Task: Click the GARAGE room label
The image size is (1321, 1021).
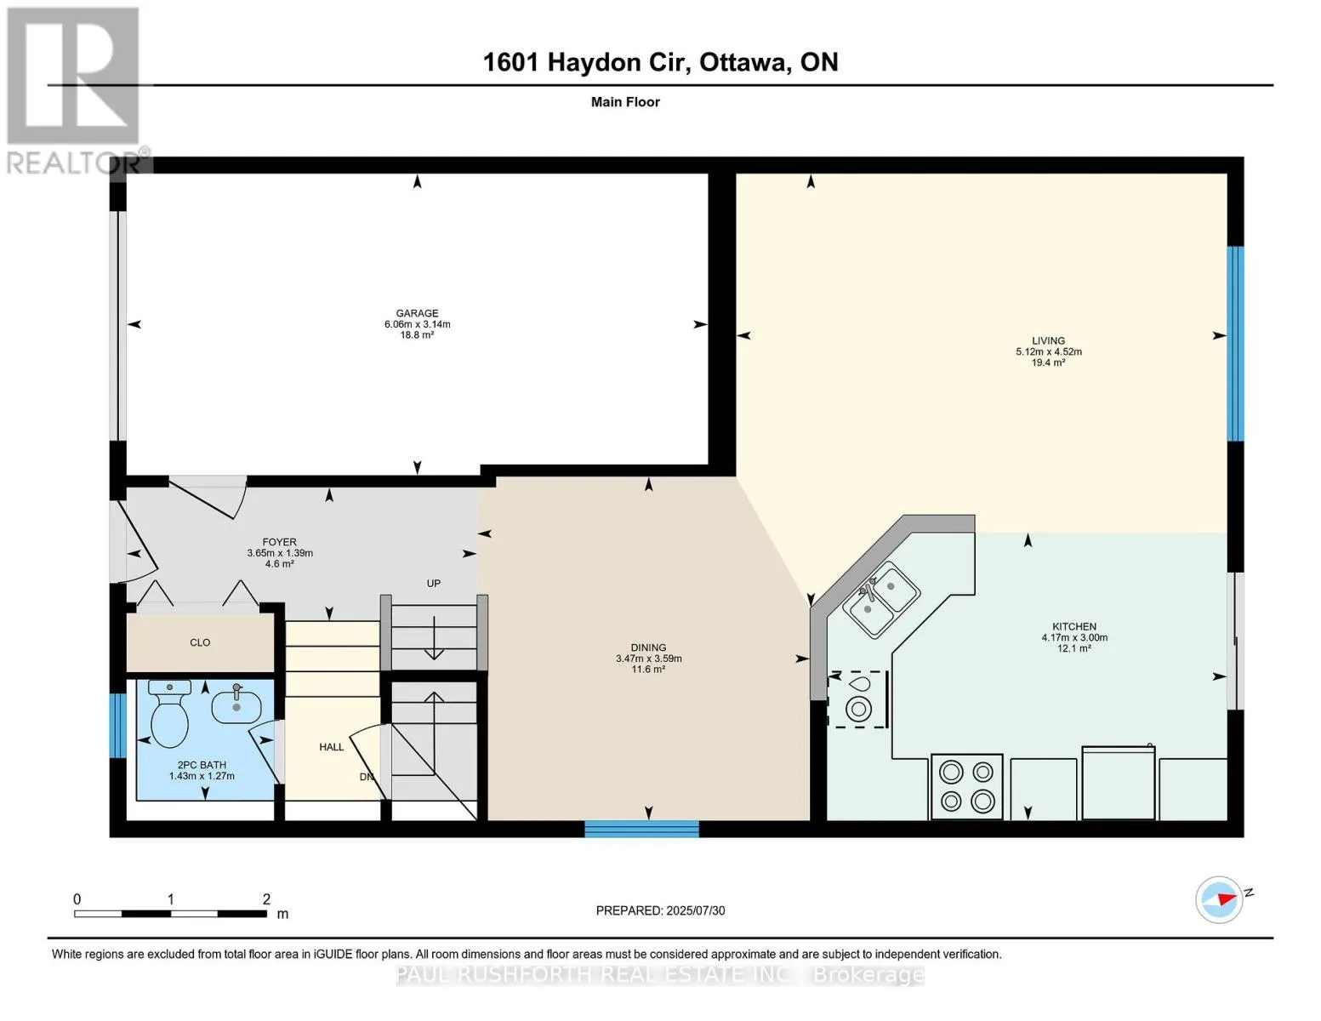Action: coord(417,313)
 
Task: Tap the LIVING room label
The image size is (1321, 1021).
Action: coord(1049,340)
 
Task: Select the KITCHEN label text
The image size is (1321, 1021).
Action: coord(1074,626)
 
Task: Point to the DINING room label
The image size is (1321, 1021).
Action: coord(649,647)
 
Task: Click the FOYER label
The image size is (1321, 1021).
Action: coord(280,542)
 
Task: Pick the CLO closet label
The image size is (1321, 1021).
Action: coord(200,642)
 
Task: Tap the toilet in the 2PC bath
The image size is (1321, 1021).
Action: coord(169,713)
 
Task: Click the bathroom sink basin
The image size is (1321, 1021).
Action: coord(236,706)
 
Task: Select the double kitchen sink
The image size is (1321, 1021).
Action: coord(881,600)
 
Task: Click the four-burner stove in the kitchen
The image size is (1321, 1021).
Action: coord(966,787)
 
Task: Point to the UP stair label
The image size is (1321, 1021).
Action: coord(434,583)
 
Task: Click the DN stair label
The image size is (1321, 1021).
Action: coord(366,777)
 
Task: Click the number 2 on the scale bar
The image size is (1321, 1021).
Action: coord(266,898)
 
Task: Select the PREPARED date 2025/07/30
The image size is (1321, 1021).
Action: coord(696,910)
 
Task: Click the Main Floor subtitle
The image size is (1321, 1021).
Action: coord(625,102)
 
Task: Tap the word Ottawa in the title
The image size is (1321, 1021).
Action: coord(743,62)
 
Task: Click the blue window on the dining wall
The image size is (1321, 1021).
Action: coord(642,829)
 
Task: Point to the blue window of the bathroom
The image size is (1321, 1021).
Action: coord(117,726)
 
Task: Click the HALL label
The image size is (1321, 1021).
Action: coord(332,747)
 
